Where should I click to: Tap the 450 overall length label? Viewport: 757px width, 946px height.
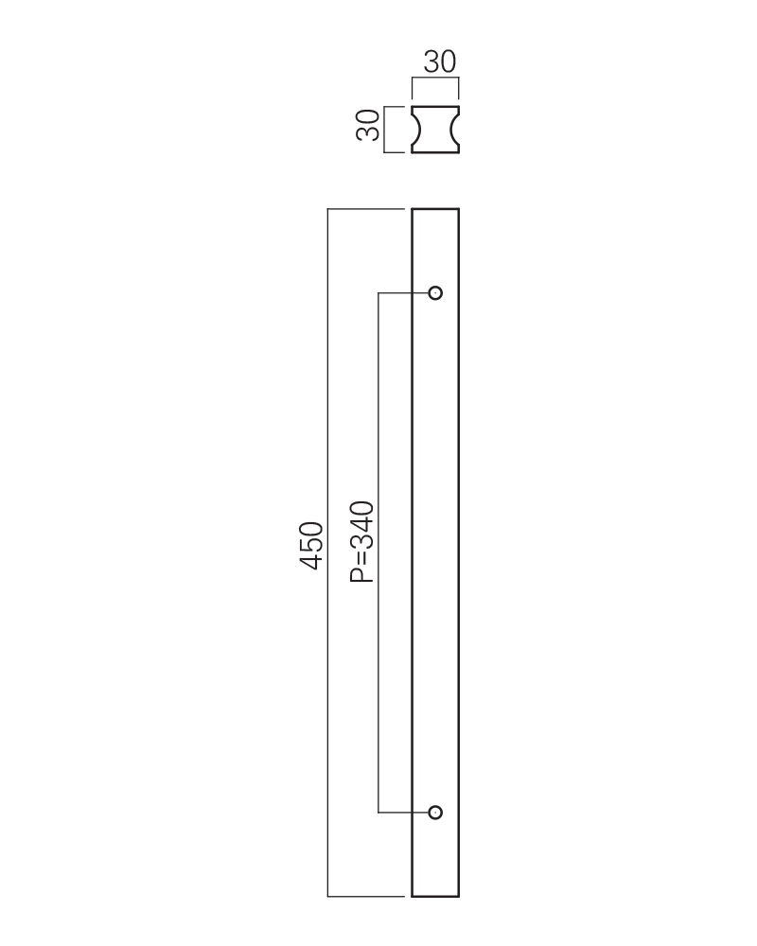[x=312, y=546]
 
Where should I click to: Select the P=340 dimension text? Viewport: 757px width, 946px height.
[x=362, y=542]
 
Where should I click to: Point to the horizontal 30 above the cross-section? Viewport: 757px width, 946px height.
[x=439, y=61]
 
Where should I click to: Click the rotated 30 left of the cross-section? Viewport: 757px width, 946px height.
[x=368, y=126]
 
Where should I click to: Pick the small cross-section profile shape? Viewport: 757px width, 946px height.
[x=435, y=130]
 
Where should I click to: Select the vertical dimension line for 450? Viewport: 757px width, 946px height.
[x=327, y=552]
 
